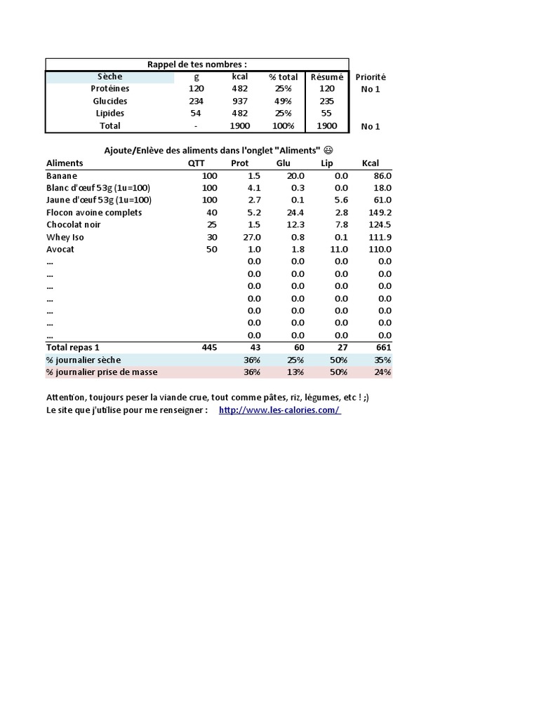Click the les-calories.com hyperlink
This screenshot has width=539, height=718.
279,410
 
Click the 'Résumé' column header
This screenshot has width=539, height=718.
327,77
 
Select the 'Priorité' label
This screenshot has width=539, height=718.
371,77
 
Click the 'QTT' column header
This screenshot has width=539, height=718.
197,163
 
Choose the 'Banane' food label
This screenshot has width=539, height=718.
62,176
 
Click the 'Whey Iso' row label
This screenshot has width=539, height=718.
65,237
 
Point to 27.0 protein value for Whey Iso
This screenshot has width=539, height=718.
251,237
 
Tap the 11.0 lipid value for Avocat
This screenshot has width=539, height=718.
340,249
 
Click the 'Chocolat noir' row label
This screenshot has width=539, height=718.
74,224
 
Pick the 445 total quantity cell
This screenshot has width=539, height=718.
209,347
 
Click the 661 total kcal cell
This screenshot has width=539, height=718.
383,347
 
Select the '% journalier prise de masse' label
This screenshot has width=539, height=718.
102,372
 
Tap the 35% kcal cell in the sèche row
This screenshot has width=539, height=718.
383,360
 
